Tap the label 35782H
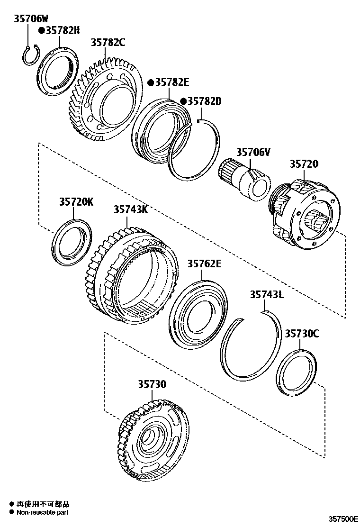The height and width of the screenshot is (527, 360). (61, 31)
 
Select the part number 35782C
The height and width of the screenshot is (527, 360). (108, 43)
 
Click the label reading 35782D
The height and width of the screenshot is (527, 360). (205, 101)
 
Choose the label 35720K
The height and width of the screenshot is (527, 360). (76, 202)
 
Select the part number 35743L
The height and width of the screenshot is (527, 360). (267, 295)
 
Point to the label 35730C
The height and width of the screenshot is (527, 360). (302, 334)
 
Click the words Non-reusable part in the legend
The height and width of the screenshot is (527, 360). (43, 512)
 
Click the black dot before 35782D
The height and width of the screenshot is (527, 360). (183, 101)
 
